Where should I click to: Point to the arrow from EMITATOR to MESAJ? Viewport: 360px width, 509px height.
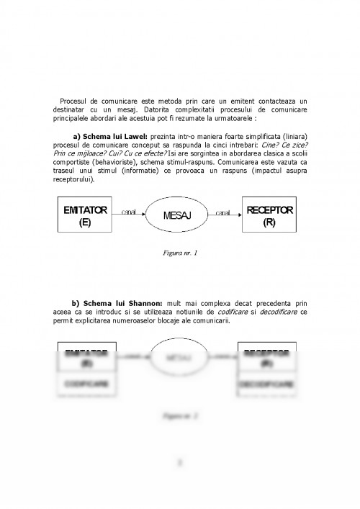click(x=130, y=215)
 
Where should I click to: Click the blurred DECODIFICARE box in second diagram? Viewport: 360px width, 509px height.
click(x=268, y=384)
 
